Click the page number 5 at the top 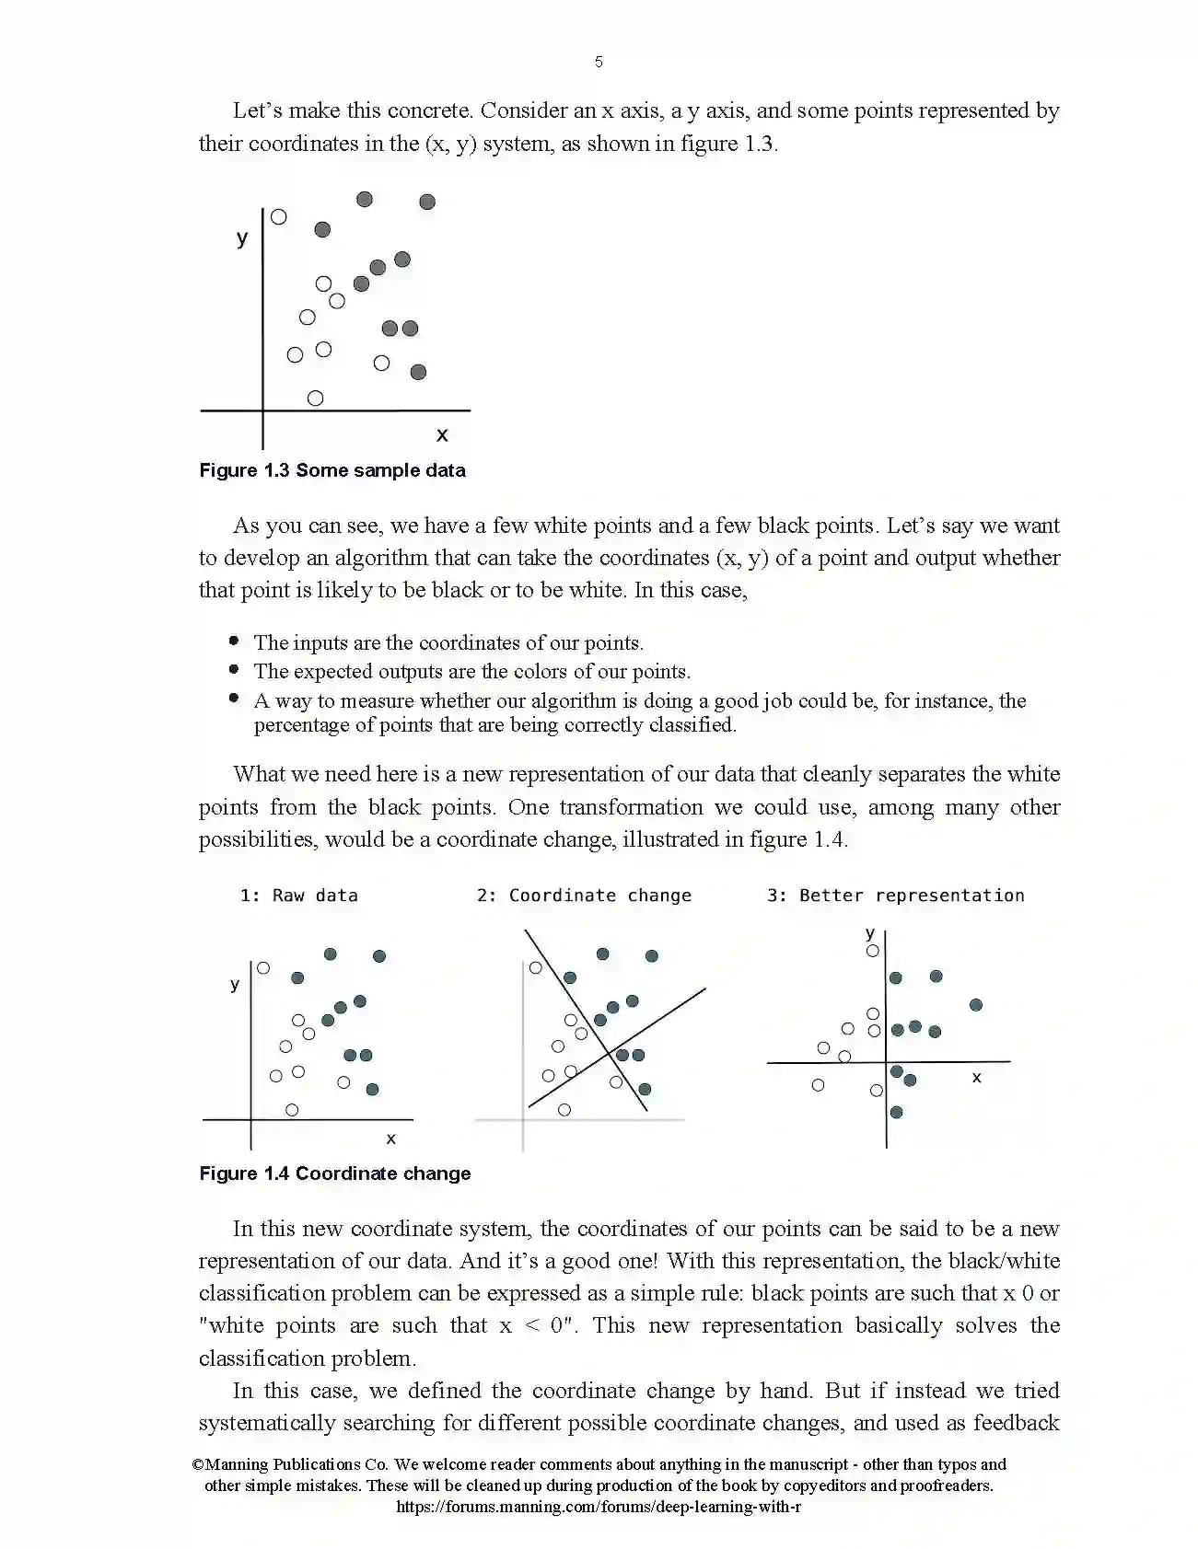599,62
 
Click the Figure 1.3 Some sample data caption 332,470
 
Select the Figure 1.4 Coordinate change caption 335,1173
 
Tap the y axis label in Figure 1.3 242,238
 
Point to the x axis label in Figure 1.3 442,434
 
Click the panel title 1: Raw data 298,896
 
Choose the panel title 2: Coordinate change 584,896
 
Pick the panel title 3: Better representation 895,896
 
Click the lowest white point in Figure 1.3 315,399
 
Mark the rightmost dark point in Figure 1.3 427,202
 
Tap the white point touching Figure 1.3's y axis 278,217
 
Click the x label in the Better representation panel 976,1077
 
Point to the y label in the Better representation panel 870,933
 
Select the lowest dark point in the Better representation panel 896,1113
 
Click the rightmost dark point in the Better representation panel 976,1005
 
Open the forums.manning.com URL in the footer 599,1507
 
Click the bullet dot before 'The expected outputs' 235,670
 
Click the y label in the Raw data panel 234,985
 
